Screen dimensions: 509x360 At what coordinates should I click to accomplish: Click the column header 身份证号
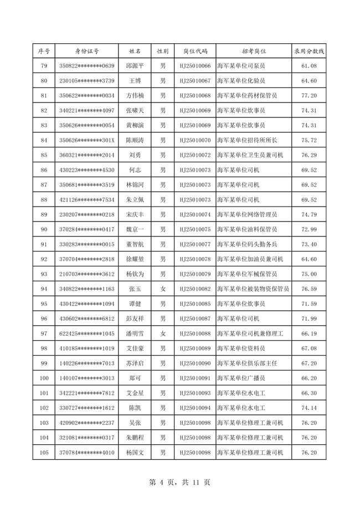86,51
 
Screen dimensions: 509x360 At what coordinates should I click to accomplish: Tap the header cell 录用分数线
308,51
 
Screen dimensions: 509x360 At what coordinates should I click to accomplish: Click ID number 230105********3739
86,81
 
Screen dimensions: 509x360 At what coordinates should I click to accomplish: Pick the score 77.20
308,96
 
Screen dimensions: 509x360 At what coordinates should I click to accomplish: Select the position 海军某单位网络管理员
246,215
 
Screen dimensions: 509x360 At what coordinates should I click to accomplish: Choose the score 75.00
308,274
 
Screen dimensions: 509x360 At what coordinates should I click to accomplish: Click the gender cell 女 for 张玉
163,289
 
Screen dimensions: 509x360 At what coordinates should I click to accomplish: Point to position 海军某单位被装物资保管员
253,289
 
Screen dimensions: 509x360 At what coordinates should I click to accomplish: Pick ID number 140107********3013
86,378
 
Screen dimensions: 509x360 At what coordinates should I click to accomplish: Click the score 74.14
308,408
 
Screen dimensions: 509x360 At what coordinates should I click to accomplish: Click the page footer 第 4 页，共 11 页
180,482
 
